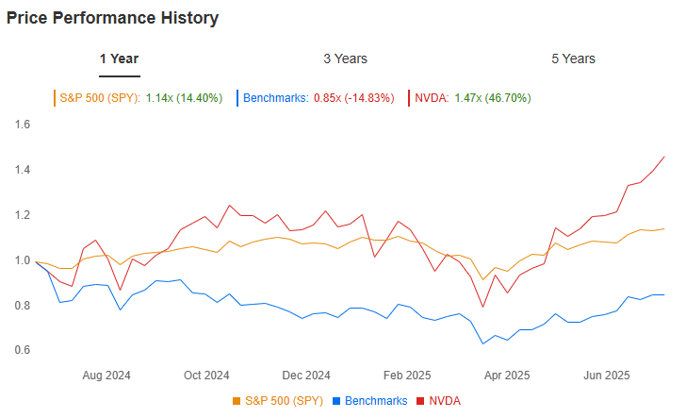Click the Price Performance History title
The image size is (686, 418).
pos(113,18)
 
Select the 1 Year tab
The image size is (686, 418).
pos(120,59)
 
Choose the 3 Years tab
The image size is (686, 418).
pos(345,59)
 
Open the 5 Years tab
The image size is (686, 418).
pos(573,59)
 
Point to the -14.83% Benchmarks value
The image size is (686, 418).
pos(367,97)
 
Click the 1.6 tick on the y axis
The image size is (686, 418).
pos(23,125)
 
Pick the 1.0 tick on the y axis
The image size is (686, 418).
pos(23,260)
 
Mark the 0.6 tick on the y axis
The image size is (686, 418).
pos(23,351)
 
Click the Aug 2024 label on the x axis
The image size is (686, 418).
pos(106,375)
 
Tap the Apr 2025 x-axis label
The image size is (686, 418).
pos(506,375)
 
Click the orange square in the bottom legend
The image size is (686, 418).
pos(237,402)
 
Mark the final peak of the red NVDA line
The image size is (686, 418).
pos(664,157)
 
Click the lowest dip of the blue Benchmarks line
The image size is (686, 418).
pos(483,343)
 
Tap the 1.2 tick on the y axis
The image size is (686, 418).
pos(23,215)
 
